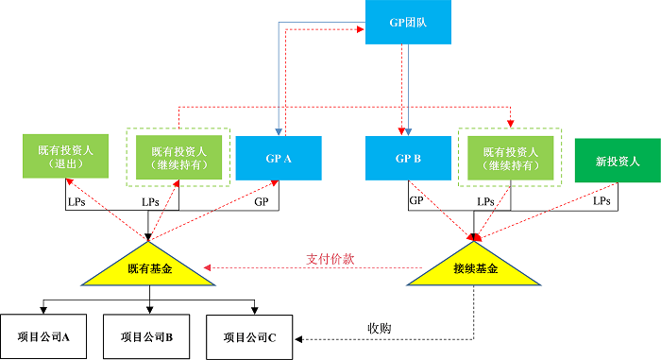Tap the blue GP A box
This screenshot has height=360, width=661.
coord(279,159)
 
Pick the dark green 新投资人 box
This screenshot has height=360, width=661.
coord(618,161)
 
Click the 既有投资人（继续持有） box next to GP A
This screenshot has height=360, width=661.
coord(178,157)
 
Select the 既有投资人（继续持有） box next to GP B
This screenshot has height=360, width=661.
coord(511,157)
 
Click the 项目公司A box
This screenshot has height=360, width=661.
coord(45,335)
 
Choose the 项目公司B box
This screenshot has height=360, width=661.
coord(148,335)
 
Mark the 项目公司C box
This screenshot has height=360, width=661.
coord(249,335)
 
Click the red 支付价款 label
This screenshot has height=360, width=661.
coord(330,258)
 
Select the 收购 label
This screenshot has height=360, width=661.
coord(380,328)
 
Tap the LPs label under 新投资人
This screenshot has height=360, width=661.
coord(601,201)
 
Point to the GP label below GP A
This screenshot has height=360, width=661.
coord(262,202)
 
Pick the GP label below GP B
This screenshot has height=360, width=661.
coord(415,201)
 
